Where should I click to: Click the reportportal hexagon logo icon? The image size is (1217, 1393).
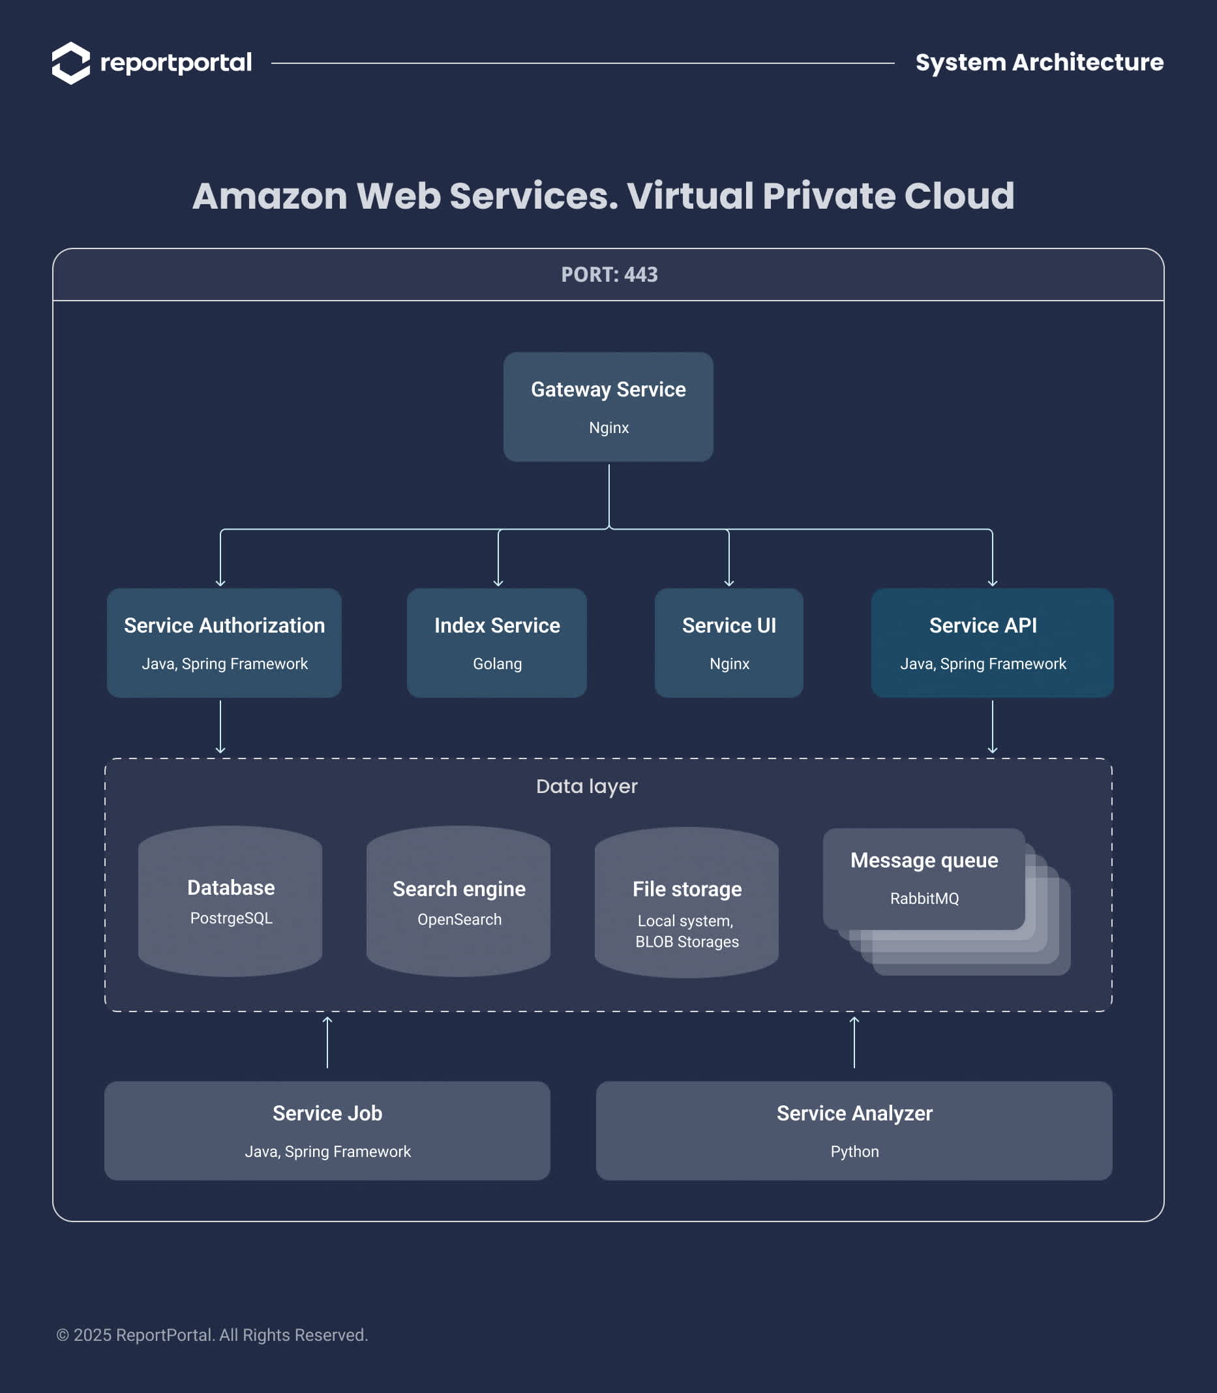pos(70,63)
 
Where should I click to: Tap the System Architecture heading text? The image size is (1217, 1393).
pos(1039,63)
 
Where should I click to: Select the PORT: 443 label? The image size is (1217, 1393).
pos(609,275)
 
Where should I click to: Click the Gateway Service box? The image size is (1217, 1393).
pos(608,407)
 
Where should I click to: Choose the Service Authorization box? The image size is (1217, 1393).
pos(224,642)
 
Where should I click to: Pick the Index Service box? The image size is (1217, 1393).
pos(497,642)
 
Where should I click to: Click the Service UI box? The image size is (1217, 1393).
pos(729,642)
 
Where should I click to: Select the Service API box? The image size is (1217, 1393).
pos(992,642)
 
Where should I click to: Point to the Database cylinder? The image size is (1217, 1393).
pos(230,901)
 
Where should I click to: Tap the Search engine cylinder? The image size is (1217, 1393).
pos(458,901)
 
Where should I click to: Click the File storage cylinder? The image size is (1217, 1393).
pos(687,903)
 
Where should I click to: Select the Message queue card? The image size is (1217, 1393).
pos(924,878)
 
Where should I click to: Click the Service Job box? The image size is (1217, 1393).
pos(327,1131)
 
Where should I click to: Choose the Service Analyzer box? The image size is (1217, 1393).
pos(854,1131)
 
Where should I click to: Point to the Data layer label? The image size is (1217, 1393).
pos(587,786)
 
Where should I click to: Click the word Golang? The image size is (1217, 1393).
pos(497,663)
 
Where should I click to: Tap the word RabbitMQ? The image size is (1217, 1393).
pos(924,899)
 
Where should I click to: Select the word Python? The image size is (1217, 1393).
pos(854,1152)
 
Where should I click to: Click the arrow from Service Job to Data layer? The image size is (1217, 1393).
pos(327,1043)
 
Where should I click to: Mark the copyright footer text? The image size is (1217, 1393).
pos(212,1334)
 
